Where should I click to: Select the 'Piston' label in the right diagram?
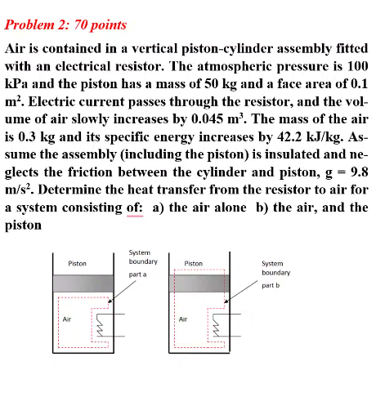tap(194, 264)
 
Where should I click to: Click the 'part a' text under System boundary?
tap(137, 274)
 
